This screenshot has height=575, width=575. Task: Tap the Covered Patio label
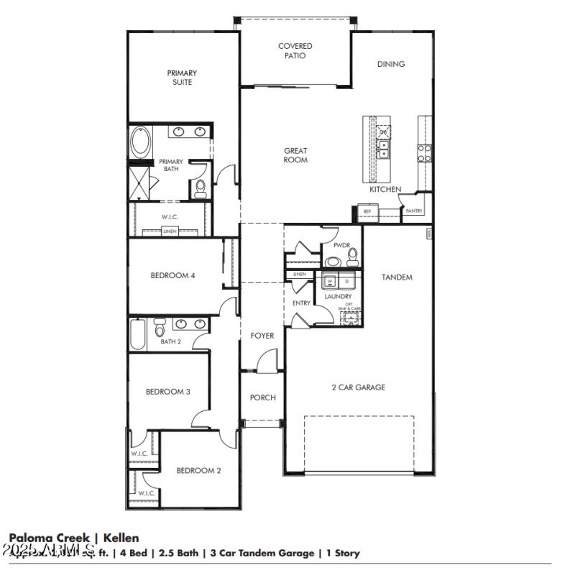(x=295, y=51)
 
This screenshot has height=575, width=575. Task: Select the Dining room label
(x=391, y=64)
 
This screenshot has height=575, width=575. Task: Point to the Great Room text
(x=295, y=155)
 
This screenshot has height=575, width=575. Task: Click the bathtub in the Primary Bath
(x=140, y=142)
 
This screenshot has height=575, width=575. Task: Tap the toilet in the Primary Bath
(x=201, y=188)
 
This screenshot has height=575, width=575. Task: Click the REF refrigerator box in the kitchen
(x=367, y=211)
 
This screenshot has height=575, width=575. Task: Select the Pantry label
(x=414, y=211)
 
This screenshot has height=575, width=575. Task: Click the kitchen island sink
(x=384, y=148)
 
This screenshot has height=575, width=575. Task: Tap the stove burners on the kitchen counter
(x=425, y=152)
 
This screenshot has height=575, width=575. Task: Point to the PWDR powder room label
(x=341, y=246)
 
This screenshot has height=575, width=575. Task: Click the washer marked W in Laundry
(x=331, y=281)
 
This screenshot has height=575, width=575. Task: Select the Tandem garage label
(x=397, y=277)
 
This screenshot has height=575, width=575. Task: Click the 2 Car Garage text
(x=358, y=387)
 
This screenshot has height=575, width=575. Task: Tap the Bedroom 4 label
(x=172, y=275)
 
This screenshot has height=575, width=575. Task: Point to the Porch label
(x=262, y=397)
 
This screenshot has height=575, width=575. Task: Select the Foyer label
(x=262, y=336)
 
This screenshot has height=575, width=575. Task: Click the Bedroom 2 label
(x=198, y=471)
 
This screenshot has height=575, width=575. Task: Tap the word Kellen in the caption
(x=121, y=538)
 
